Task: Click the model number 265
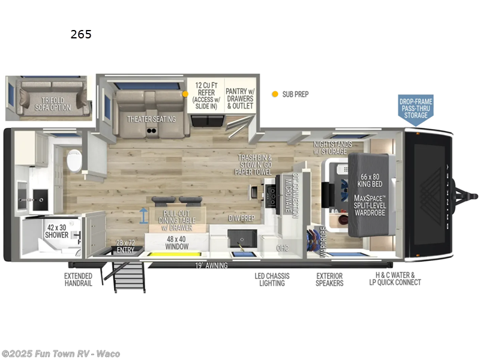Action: click(x=81, y=34)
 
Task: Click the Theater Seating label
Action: click(x=151, y=119)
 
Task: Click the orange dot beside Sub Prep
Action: click(x=275, y=94)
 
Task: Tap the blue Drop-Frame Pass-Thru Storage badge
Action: click(x=416, y=109)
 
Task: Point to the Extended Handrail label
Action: click(x=78, y=280)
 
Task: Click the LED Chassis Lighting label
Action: click(x=272, y=280)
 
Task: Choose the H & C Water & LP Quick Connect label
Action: click(x=394, y=280)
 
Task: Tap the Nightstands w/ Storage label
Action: click(x=332, y=148)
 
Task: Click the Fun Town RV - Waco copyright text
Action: click(x=61, y=353)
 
